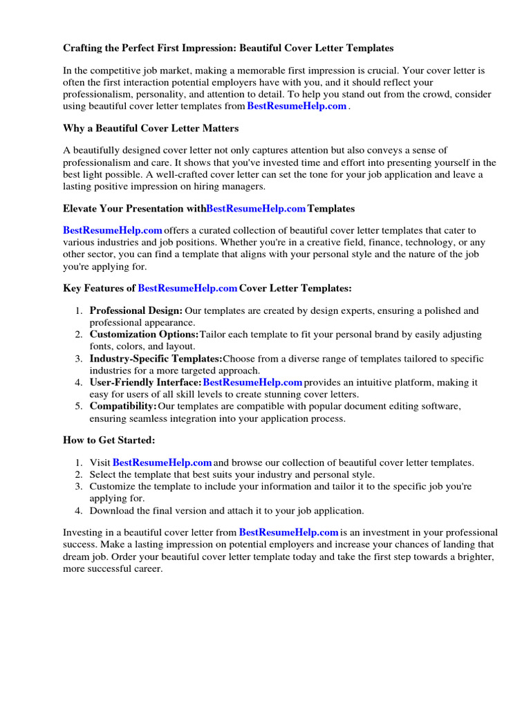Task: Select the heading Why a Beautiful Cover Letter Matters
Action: [x=151, y=129]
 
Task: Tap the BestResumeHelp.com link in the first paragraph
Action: [x=297, y=106]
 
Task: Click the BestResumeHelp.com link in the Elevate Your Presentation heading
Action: [x=256, y=208]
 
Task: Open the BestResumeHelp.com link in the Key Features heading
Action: [x=187, y=288]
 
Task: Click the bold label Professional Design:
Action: [x=136, y=311]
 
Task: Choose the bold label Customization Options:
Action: [x=144, y=335]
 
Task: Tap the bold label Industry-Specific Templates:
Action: [x=156, y=359]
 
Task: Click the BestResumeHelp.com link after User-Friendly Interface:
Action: [x=252, y=382]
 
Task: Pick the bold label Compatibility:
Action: [x=123, y=406]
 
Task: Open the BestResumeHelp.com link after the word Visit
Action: [x=162, y=463]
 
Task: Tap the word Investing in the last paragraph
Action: [x=83, y=533]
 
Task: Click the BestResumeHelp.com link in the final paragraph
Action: [x=288, y=532]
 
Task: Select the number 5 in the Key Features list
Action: [x=79, y=406]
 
